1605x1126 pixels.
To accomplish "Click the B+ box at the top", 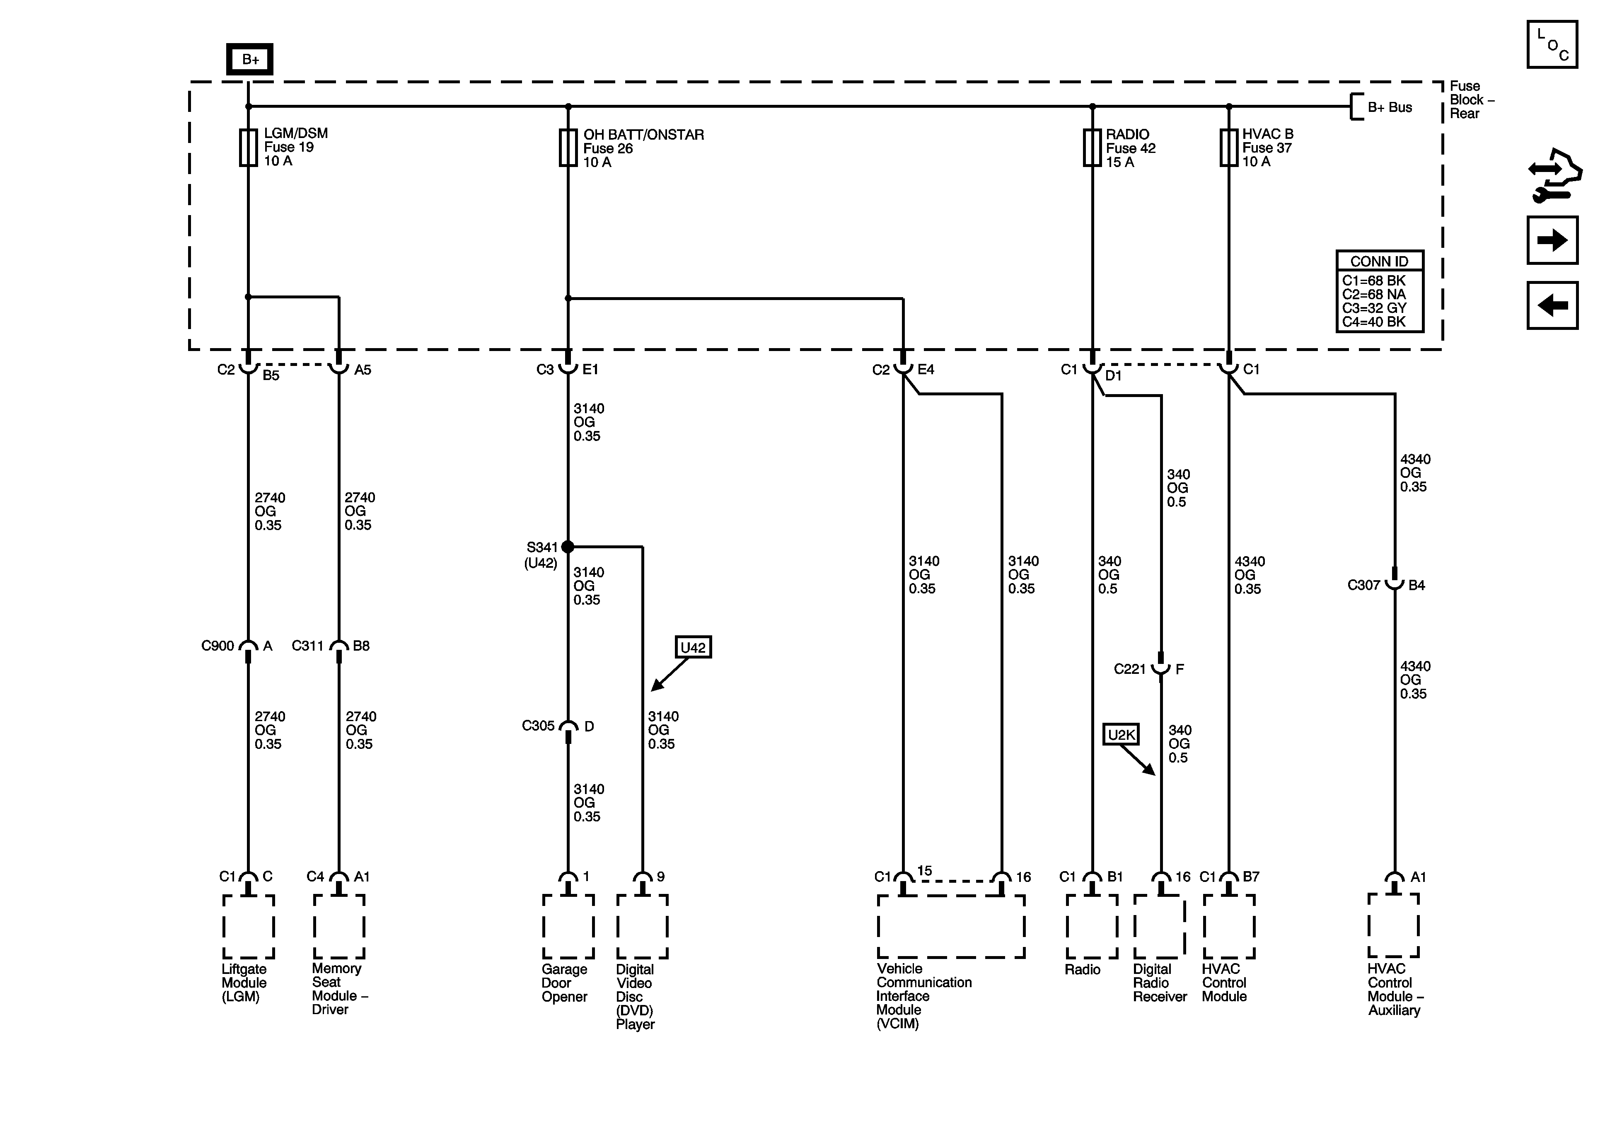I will pos(249,59).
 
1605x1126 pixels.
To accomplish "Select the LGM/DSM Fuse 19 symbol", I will pos(248,148).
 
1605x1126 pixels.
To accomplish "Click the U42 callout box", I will pos(693,648).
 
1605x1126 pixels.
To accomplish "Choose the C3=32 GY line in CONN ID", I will pos(1374,308).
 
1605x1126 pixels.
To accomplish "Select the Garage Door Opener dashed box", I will pos(568,927).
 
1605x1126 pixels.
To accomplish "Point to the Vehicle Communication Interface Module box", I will pos(951,927).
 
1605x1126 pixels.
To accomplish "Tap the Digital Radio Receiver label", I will pos(1160,983).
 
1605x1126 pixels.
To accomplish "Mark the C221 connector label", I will pos(1130,669).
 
